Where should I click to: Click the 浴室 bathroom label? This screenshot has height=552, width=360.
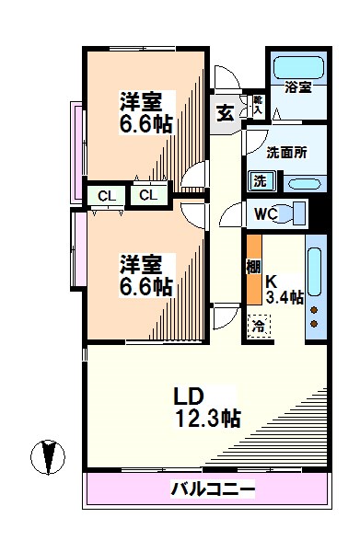tap(298, 88)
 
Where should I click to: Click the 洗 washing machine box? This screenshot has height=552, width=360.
tap(260, 180)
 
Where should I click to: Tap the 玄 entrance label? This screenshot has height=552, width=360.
tap(225, 113)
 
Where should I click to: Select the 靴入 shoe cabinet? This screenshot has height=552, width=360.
tap(258, 104)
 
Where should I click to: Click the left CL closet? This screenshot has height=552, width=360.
tap(106, 195)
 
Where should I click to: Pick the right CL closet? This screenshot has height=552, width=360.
tap(147, 195)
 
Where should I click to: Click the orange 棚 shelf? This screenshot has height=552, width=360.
tap(253, 271)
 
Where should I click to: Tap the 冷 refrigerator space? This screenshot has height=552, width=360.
tap(259, 325)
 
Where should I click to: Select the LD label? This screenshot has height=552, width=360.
tap(190, 397)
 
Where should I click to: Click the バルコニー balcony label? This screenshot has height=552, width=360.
tap(212, 489)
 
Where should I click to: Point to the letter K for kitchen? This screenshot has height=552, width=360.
tap(272, 281)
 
